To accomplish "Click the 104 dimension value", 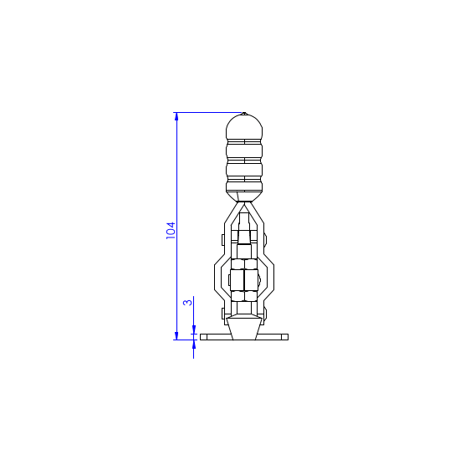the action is (x=171, y=231).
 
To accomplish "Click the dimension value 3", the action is (x=188, y=303).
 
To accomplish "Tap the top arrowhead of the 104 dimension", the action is (x=176, y=116).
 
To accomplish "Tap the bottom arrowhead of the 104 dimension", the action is (x=176, y=335).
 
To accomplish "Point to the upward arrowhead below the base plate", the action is (x=193, y=345).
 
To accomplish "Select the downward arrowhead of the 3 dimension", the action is (x=193, y=329).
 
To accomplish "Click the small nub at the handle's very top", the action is (x=244, y=114).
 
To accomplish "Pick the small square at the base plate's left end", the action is (x=203, y=337).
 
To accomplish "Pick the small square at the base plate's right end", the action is (x=285, y=337).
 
